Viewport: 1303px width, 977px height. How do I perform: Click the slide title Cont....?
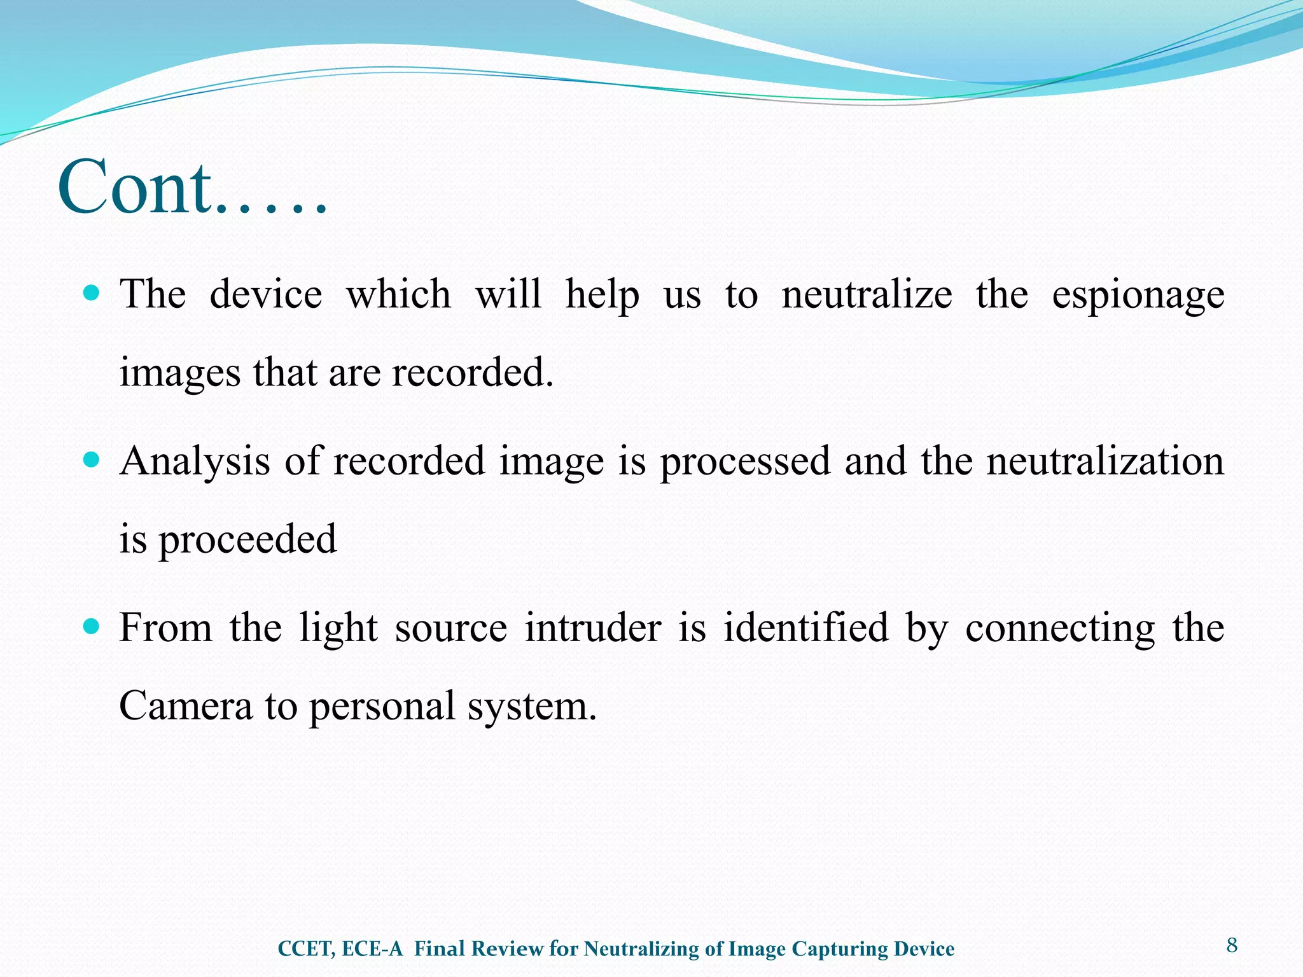pyautogui.click(x=191, y=188)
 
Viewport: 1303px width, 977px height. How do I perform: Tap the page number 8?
pyautogui.click(x=1232, y=945)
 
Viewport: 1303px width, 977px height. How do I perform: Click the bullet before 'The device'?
pyautogui.click(x=92, y=293)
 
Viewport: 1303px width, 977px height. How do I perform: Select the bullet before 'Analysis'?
pyautogui.click(x=92, y=460)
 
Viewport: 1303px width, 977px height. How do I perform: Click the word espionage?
pyautogui.click(x=1138, y=296)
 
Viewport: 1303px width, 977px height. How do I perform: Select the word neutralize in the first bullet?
pyautogui.click(x=867, y=294)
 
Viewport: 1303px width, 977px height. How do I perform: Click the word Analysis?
pyautogui.click(x=195, y=462)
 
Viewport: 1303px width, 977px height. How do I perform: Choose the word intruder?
pyautogui.click(x=593, y=628)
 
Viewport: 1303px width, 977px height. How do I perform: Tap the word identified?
pyautogui.click(x=805, y=628)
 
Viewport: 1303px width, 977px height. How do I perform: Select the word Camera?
pyautogui.click(x=186, y=706)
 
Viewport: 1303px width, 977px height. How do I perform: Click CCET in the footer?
pyautogui.click(x=305, y=949)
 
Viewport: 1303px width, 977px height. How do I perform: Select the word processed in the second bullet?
pyautogui.click(x=744, y=462)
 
